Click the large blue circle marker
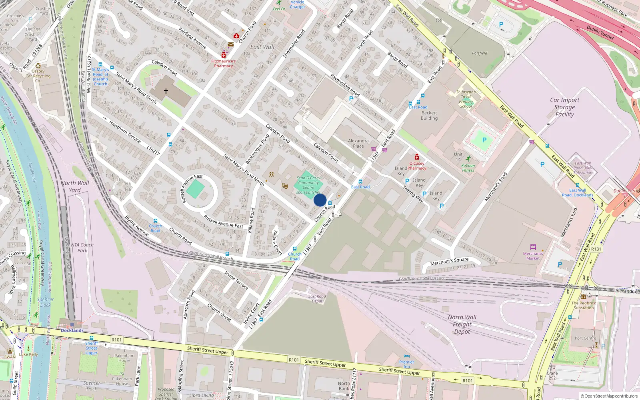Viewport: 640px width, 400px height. [x=320, y=200]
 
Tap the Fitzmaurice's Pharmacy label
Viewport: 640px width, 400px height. [x=223, y=64]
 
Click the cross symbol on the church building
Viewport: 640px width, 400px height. [x=166, y=91]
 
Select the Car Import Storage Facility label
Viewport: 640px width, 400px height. [x=564, y=107]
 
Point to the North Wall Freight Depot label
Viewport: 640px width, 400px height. [x=462, y=324]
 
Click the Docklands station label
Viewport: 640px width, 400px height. [x=72, y=330]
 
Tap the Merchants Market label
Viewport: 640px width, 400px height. [x=533, y=256]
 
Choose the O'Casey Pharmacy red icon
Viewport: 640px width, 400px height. [x=417, y=157]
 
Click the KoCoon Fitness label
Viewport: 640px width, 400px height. [x=468, y=168]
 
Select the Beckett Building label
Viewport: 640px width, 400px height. [x=429, y=116]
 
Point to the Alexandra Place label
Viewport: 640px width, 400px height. [x=358, y=143]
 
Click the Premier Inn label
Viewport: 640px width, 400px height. [x=406, y=364]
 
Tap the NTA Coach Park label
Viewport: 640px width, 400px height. [x=82, y=248]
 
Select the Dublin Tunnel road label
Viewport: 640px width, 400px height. [x=600, y=32]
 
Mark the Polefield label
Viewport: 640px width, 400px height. [x=479, y=53]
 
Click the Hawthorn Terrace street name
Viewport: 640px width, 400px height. [x=125, y=132]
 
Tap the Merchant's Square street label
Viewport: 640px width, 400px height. [x=449, y=261]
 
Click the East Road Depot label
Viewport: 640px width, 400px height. [x=317, y=299]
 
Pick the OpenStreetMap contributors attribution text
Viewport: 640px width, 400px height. [x=610, y=396]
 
